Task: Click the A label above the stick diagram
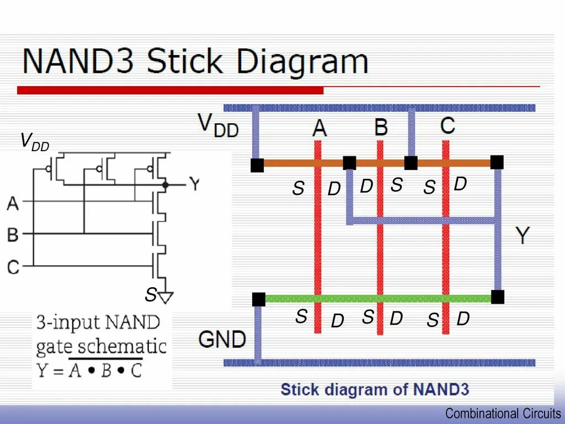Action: pos(319,128)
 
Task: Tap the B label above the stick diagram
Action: pos(381,127)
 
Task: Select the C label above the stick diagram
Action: pos(447,125)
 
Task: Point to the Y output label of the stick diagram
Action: pos(522,236)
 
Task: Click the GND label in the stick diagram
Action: pos(222,338)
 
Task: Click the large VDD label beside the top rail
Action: pos(218,125)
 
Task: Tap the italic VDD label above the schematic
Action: pos(34,142)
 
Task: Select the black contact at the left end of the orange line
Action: pos(257,165)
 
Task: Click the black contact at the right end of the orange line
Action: pos(497,162)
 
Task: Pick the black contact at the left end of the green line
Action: pos(259,299)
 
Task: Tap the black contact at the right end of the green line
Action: pos(497,297)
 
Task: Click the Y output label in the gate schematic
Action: pos(194,183)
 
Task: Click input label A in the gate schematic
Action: pos(13,204)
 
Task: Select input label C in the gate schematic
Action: pos(13,267)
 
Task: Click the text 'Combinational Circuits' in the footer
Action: pos(503,414)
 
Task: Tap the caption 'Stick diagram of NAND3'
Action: pos(375,390)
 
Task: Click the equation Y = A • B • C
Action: pos(89,369)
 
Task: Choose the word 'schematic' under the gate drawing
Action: pos(131,347)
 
